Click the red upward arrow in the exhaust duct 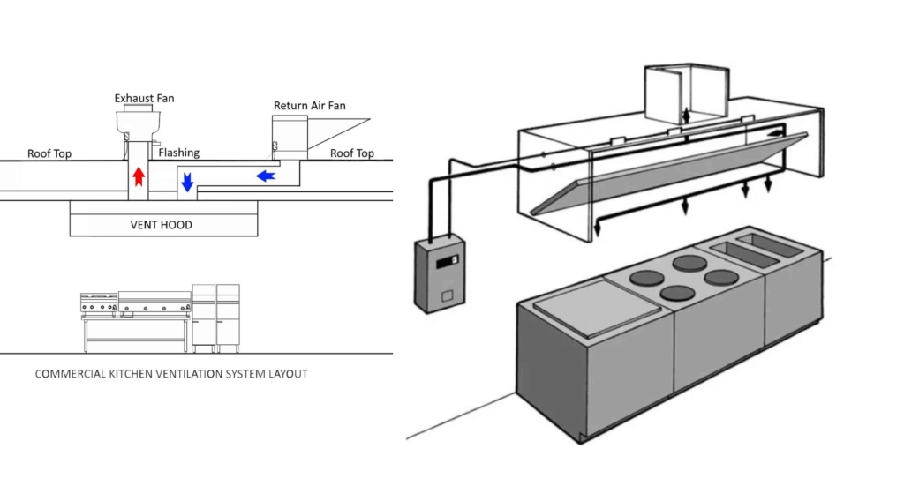(139, 176)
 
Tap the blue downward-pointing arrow (187, 182)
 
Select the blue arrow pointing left (266, 176)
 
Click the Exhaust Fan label (144, 99)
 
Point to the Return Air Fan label (310, 106)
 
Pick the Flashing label (178, 153)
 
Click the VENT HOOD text (162, 225)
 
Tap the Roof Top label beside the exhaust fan (49, 153)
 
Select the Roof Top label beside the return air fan (351, 153)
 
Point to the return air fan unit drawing (290, 137)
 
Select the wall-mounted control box (440, 273)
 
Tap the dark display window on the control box (448, 262)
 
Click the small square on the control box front (447, 297)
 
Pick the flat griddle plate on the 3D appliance (598, 308)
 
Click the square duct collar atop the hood (686, 93)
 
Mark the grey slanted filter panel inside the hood (669, 174)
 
